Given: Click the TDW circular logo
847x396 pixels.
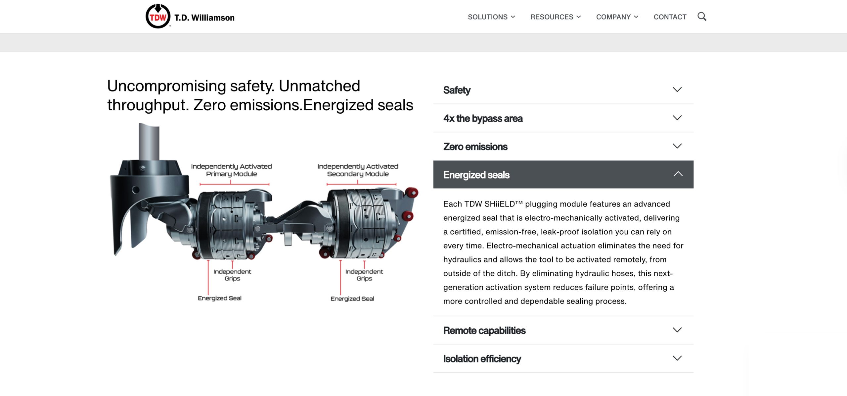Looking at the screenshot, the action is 158,16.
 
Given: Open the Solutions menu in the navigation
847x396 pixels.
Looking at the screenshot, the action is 491,17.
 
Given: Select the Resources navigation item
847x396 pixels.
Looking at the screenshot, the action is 556,17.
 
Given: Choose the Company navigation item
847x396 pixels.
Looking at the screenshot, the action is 617,17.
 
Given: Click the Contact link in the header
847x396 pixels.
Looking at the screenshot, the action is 670,17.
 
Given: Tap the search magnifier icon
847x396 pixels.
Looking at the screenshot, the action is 702,17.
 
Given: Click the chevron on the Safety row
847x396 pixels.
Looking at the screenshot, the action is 677,89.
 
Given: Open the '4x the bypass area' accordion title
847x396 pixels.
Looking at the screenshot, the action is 483,118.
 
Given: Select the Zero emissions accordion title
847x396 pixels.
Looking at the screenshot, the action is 475,146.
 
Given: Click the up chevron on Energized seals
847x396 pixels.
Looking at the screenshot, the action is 678,174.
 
